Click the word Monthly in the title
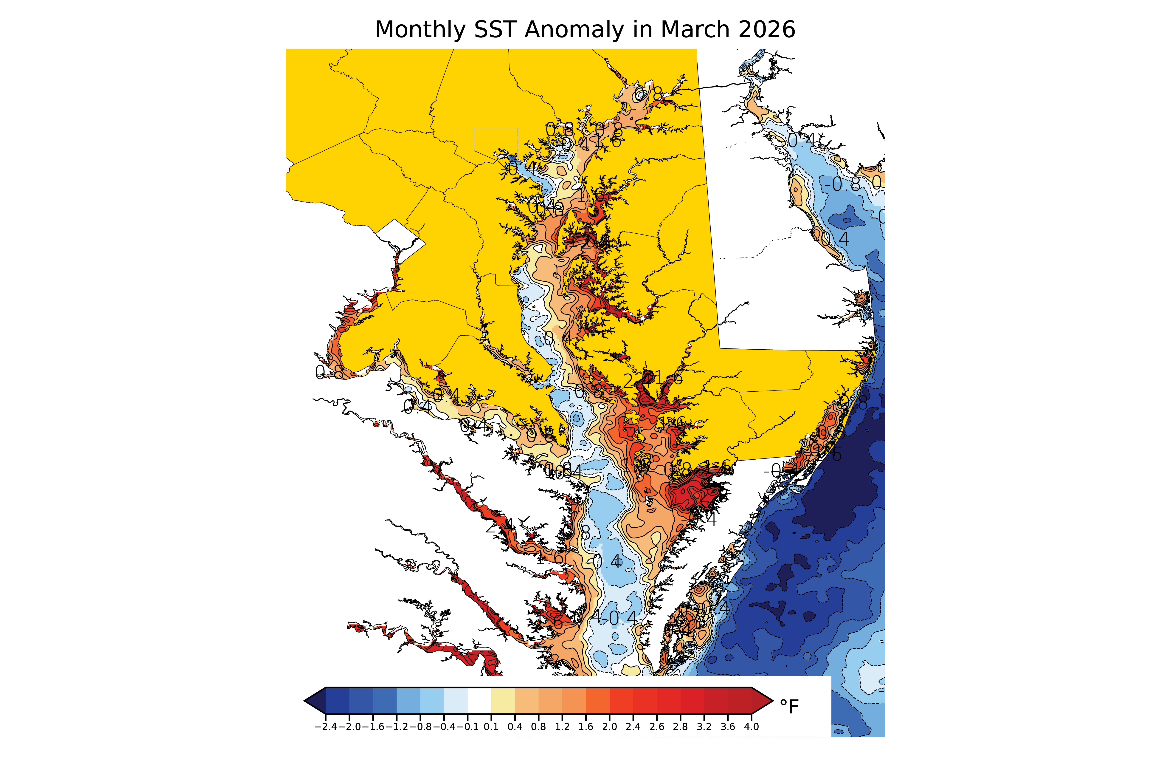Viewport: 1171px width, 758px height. (420, 30)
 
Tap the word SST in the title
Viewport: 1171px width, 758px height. (494, 30)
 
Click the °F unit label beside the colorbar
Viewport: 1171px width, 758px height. (789, 707)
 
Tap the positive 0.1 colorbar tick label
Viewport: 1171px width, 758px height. (491, 727)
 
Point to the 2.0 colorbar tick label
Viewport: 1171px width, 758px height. (609, 727)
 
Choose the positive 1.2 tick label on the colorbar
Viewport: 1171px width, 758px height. (562, 727)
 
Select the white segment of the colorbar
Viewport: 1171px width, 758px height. (479, 700)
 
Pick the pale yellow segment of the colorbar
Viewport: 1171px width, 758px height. (503, 700)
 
